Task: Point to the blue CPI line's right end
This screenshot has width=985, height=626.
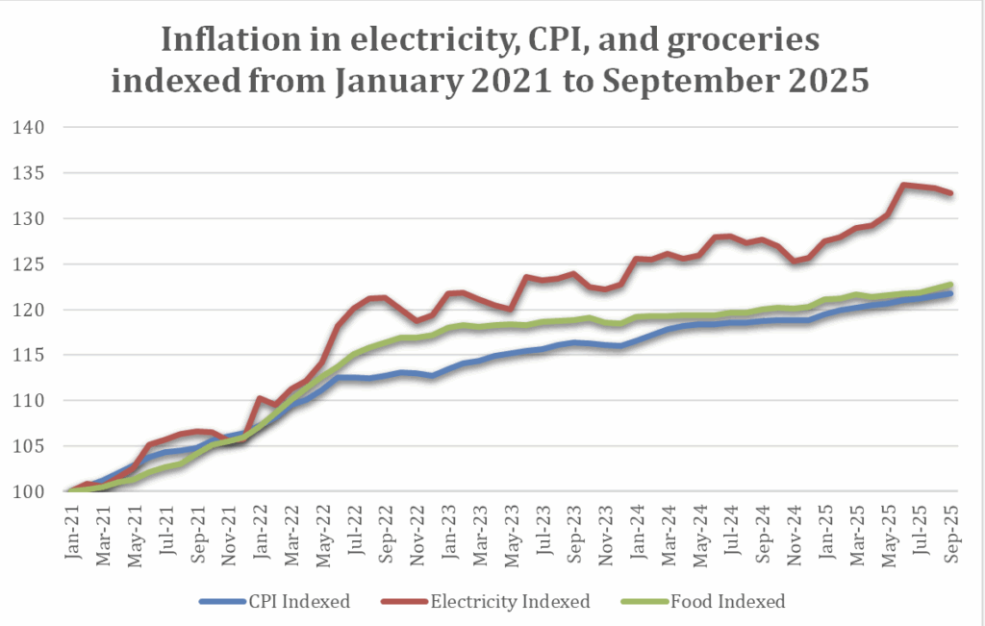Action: (950, 293)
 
